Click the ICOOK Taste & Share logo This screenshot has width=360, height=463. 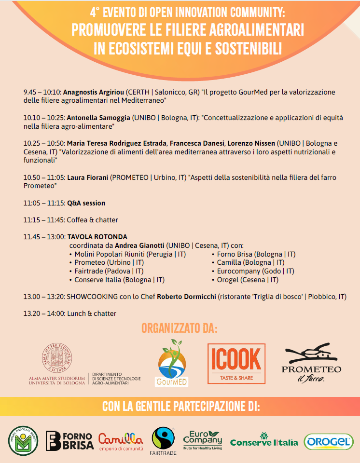[236, 365]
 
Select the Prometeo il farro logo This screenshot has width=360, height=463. [311, 364]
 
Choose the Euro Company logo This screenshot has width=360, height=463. [203, 440]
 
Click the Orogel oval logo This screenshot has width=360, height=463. [329, 441]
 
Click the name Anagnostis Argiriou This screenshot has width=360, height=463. [94, 92]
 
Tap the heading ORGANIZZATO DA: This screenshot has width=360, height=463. [180, 329]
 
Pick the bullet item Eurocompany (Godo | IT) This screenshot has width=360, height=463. [255, 271]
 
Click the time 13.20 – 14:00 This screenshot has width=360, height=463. [44, 313]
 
